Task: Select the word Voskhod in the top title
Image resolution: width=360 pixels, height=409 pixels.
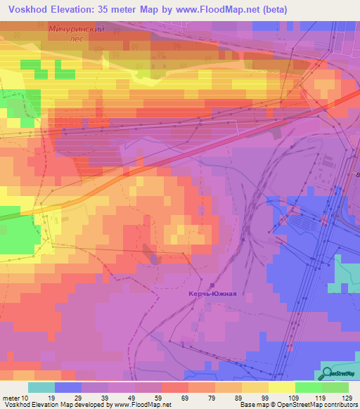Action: (27, 9)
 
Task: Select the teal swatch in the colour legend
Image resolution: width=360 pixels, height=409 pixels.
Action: (41, 387)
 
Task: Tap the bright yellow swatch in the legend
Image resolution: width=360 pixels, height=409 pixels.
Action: (281, 387)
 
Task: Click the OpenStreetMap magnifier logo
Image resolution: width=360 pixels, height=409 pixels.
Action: (327, 372)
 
